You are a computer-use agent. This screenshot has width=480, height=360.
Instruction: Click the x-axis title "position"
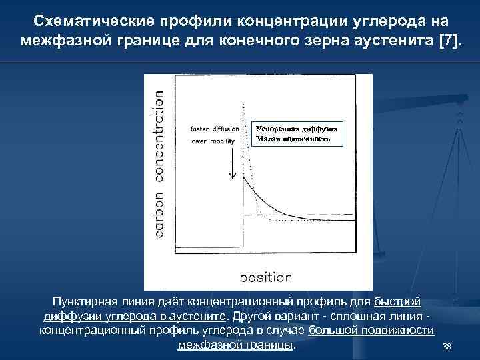(x=265, y=277)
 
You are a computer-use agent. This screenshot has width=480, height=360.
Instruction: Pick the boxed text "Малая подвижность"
(x=293, y=139)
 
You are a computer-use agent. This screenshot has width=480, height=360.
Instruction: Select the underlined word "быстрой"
(x=397, y=303)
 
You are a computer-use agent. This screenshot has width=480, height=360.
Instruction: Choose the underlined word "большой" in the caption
(x=333, y=331)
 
